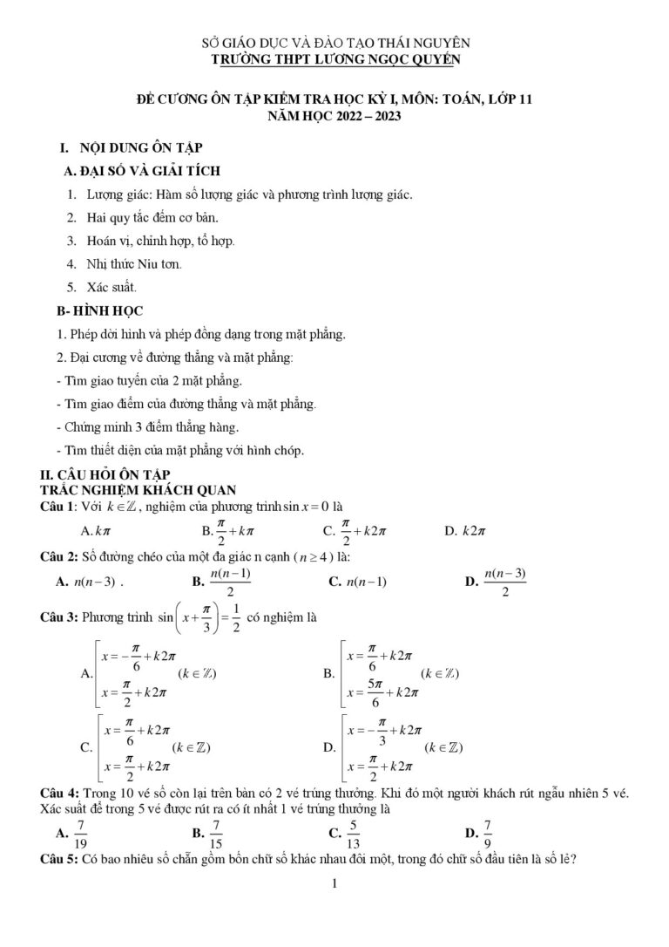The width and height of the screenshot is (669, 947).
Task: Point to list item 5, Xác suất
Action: pos(111,286)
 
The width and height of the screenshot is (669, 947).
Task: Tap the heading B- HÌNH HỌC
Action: pos(99,310)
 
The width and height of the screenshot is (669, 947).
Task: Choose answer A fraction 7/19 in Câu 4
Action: pos(80,835)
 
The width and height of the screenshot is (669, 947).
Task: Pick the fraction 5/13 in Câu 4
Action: pos(353,835)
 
